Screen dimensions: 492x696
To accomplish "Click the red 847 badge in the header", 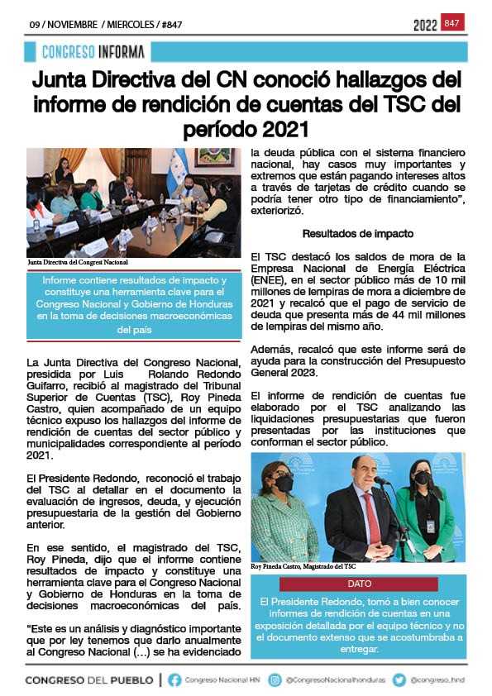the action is pos(452,23).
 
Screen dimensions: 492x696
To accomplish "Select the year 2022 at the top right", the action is pos(425,26).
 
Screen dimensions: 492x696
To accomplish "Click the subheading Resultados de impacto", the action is pos(358,234).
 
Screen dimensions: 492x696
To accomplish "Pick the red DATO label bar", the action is pos(359,584).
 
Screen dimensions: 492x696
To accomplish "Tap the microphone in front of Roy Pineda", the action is pos(382,482).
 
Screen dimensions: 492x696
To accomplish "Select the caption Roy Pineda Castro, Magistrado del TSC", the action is pos(303,566).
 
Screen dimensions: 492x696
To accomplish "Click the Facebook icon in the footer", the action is pos(174,680).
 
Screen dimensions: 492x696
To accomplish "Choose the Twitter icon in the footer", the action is pos(399,680).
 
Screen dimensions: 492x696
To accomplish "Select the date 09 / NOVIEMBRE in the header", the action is pos(63,25).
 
